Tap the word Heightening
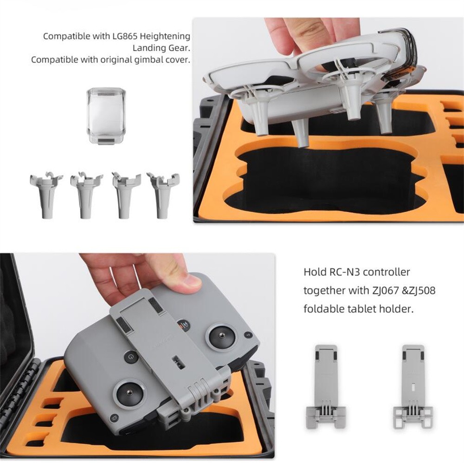pyautogui.click(x=165, y=36)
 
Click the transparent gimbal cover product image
pyautogui.click(x=106, y=116)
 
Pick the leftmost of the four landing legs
pyautogui.click(x=46, y=195)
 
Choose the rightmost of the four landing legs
pyautogui.click(x=163, y=195)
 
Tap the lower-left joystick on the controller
pyautogui.click(x=129, y=393)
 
